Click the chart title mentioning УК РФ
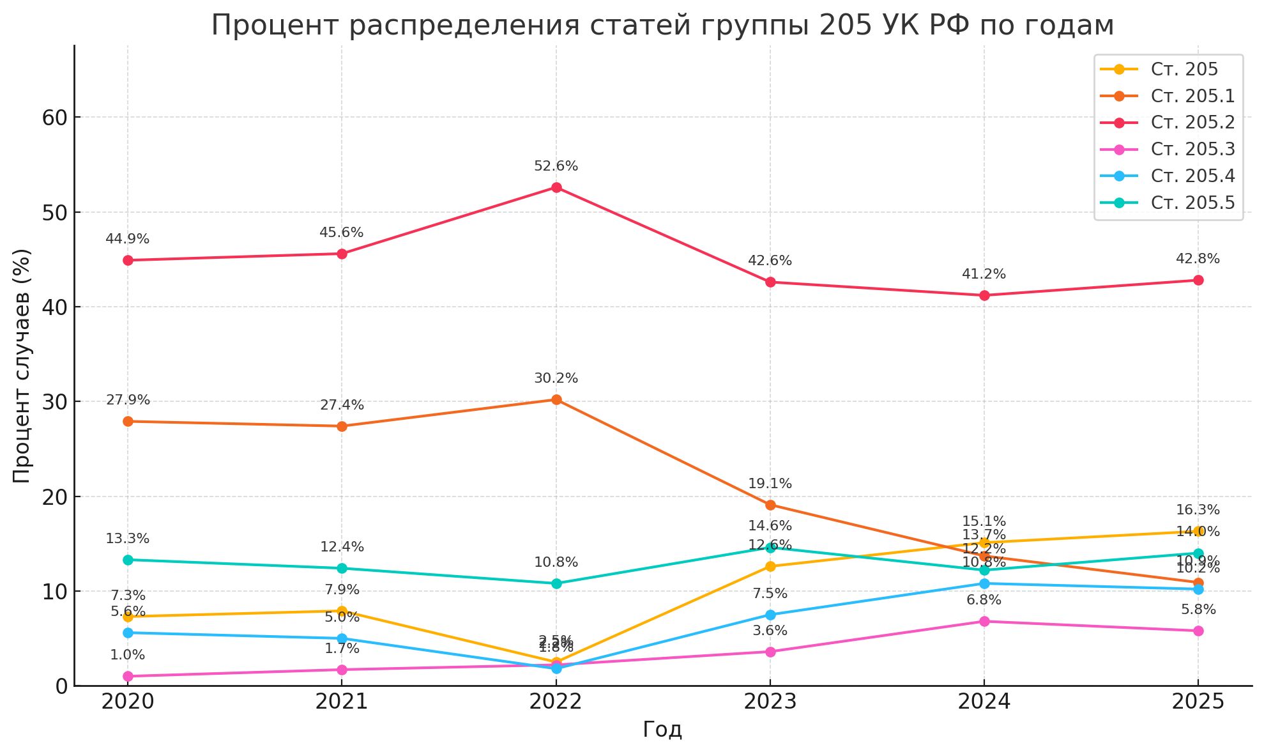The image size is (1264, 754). (x=662, y=26)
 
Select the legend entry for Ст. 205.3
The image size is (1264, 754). (x=1192, y=150)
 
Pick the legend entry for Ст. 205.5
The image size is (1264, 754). (x=1192, y=203)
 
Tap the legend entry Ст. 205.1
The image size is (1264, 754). (x=1192, y=96)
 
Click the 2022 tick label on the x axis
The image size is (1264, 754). (x=556, y=702)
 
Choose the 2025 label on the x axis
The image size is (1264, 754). (x=1198, y=702)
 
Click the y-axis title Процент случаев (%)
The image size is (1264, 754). (x=22, y=365)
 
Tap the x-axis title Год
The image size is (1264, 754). (x=662, y=730)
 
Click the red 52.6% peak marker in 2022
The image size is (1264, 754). (x=556, y=188)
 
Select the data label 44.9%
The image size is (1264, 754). (x=127, y=239)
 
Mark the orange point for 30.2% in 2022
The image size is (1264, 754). (x=556, y=400)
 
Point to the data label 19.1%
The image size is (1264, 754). (x=770, y=484)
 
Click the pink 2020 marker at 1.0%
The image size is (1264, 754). (x=128, y=676)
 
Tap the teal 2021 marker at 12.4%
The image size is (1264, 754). (x=342, y=569)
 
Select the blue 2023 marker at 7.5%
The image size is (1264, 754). (x=770, y=615)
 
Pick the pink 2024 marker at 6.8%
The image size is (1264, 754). (x=984, y=621)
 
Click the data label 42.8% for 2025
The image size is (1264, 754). (x=1198, y=259)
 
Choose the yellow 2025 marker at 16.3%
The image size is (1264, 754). (x=1198, y=532)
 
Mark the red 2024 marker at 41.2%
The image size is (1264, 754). (x=984, y=295)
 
